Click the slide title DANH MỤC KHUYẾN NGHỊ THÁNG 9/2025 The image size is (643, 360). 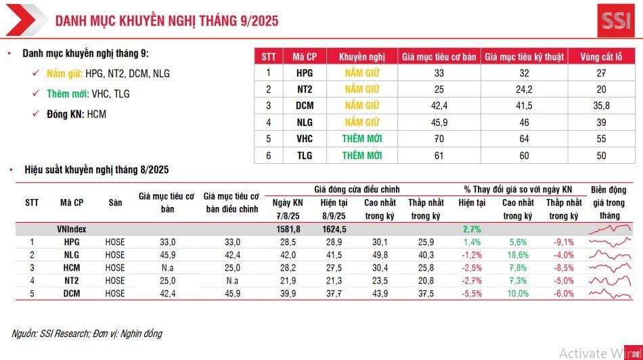point(167,21)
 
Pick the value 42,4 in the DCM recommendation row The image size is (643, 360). point(439,106)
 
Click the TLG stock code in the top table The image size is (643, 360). point(305,156)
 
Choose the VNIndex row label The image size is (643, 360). point(71,229)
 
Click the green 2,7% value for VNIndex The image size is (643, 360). point(471,229)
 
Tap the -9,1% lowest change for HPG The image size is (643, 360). point(564,242)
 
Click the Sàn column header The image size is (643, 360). point(115,202)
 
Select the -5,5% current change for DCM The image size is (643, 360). point(471,294)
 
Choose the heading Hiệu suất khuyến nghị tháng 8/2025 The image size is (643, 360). point(96,169)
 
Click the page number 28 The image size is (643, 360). point(635,353)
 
